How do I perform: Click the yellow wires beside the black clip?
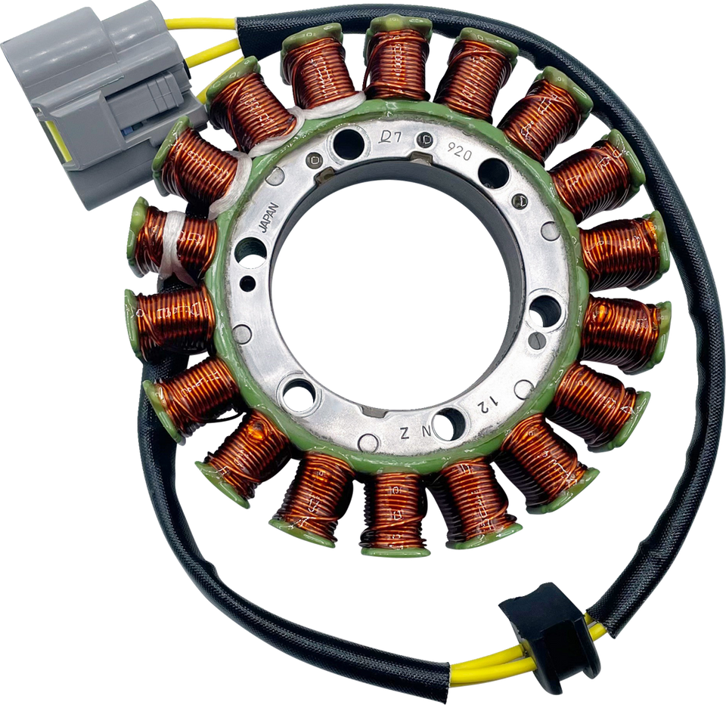pyautogui.click(x=484, y=665)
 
